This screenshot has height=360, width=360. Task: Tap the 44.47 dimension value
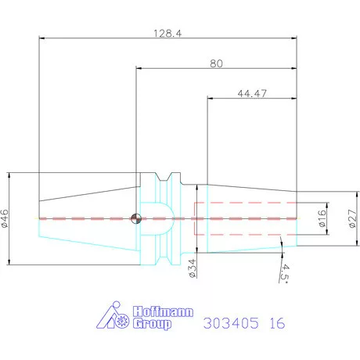[x=250, y=93]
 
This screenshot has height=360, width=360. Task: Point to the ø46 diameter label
[x=6, y=218]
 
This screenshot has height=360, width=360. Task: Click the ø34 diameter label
[x=193, y=269]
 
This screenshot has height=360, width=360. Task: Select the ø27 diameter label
[x=351, y=218]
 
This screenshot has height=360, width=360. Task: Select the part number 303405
[x=232, y=322]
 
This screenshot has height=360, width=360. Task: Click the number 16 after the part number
[x=278, y=322]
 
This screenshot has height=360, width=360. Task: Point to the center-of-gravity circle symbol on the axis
[x=136, y=218]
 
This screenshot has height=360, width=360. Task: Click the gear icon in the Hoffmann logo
[x=121, y=321]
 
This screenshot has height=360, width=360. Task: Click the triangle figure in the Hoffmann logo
[x=107, y=317]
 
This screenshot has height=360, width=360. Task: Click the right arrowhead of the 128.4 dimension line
[x=295, y=38]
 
